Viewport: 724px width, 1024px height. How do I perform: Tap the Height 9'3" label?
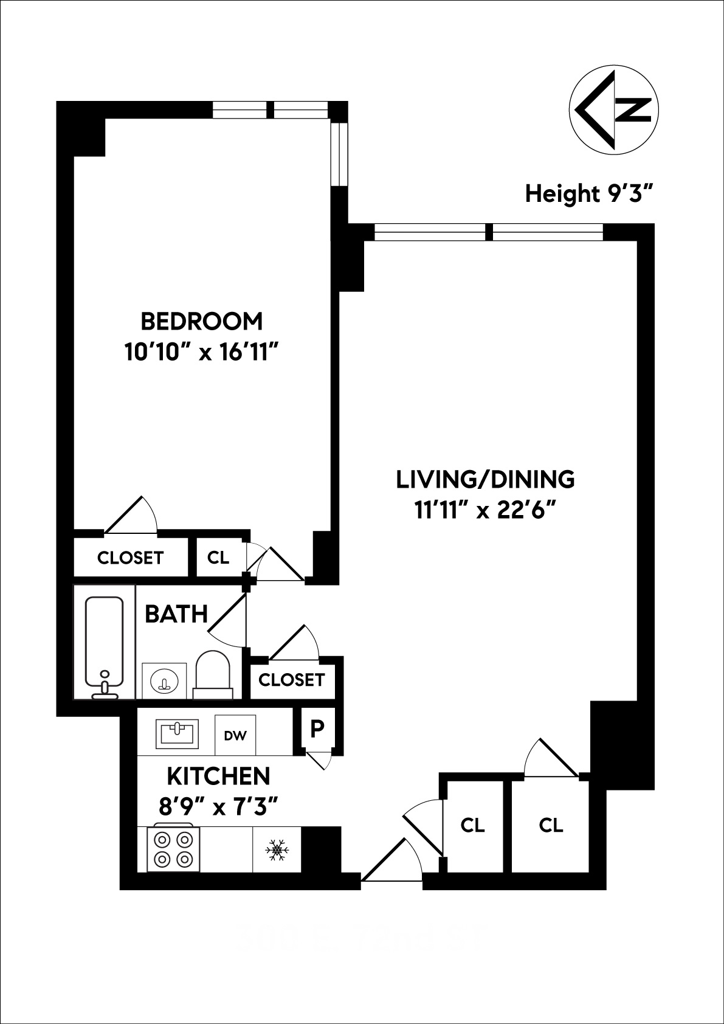click(x=589, y=194)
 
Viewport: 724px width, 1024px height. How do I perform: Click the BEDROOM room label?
click(x=202, y=320)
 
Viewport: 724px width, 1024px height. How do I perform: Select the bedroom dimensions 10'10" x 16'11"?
click(x=202, y=352)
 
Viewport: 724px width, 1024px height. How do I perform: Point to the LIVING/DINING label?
click(x=485, y=479)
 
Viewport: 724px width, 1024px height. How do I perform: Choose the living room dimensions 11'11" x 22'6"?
click(x=485, y=511)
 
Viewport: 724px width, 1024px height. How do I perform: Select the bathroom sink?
click(x=164, y=680)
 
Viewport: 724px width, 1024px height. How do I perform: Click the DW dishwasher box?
click(x=235, y=735)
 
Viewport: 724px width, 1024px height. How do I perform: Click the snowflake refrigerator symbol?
click(x=277, y=849)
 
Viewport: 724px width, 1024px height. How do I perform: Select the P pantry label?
click(x=317, y=728)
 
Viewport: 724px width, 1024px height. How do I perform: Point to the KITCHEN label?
click(x=218, y=777)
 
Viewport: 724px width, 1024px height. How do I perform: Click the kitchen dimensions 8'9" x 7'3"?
click(x=218, y=808)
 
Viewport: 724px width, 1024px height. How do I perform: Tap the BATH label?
click(x=176, y=614)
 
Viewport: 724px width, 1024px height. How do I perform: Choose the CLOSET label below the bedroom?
click(x=131, y=558)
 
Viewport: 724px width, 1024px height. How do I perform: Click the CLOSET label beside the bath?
click(x=292, y=679)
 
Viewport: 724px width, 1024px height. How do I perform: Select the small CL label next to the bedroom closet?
click(x=218, y=558)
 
